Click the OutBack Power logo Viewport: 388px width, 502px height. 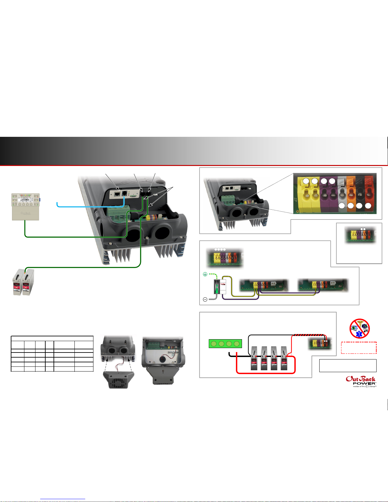coord(360,381)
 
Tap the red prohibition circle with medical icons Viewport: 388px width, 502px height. coord(359,328)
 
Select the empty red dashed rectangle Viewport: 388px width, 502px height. coord(359,347)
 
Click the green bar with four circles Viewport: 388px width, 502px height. coord(225,344)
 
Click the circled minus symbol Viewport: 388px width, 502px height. coord(205,299)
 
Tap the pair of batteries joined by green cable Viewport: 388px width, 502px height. coord(23,282)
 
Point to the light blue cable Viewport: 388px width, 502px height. coord(89,207)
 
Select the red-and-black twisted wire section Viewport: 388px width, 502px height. coord(309,334)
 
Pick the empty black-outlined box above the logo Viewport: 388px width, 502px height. coord(348,365)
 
